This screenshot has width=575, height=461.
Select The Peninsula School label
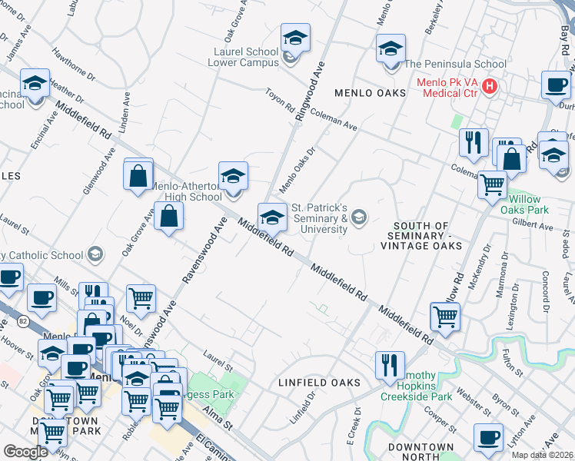[455, 64]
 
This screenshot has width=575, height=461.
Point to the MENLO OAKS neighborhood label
[370, 93]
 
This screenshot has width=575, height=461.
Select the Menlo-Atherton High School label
[185, 191]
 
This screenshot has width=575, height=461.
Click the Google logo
[25, 451]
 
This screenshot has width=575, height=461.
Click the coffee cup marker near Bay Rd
[556, 85]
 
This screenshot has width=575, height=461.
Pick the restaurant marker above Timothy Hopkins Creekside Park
[390, 364]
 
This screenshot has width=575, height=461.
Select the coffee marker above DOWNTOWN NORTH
[488, 437]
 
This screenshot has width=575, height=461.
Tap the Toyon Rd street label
[280, 100]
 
